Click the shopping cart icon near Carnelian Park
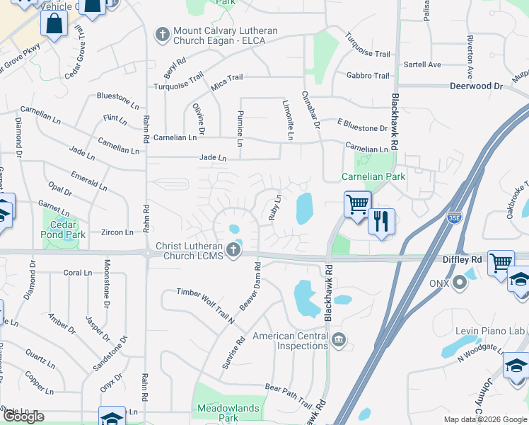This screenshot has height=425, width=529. [358, 203]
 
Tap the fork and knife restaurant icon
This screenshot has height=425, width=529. [381, 221]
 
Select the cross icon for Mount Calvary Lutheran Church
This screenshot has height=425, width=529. [162, 34]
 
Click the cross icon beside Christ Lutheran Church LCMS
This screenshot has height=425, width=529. [233, 250]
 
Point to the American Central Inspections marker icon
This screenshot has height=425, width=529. [339, 341]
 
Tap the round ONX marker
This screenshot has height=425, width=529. [460, 283]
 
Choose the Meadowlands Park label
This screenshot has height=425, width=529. [228, 413]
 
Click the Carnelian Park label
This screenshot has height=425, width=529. [373, 176]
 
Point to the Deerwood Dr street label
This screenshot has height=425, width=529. [476, 86]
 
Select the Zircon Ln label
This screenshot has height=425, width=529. [117, 232]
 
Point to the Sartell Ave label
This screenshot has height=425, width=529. [422, 64]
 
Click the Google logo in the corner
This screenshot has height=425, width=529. [23, 416]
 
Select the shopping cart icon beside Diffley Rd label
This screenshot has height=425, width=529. [501, 262]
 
